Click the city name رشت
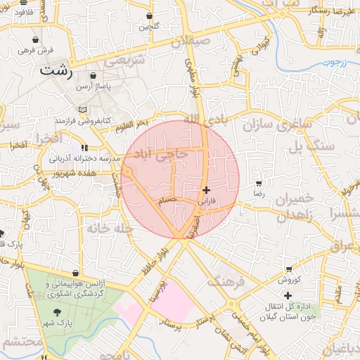pyautogui.click(x=57, y=70)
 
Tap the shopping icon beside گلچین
pyautogui.click(x=150, y=15)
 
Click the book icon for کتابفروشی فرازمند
pyautogui.click(x=83, y=110)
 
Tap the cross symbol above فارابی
pyautogui.click(x=205, y=190)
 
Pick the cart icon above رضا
pyautogui.click(x=259, y=183)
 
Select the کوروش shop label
pyautogui.click(x=288, y=279)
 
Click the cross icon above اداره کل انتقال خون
pyautogui.click(x=288, y=295)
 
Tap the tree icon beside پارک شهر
pyautogui.click(x=56, y=312)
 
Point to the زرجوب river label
pyautogui.click(x=335, y=62)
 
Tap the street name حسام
pyautogui.click(x=166, y=201)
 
